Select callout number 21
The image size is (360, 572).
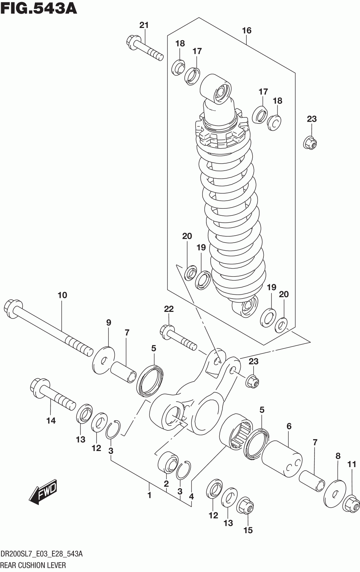144,25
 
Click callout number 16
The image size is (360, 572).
247,31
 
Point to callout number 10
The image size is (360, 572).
62,295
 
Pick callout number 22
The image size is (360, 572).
169,309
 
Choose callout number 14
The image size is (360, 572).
51,421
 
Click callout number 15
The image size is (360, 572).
248,530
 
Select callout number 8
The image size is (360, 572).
338,456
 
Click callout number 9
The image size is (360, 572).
108,323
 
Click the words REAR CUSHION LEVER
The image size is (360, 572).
34,565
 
